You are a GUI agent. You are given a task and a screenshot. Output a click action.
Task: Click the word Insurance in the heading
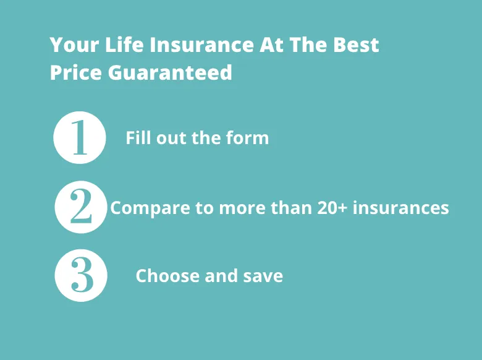[201, 45]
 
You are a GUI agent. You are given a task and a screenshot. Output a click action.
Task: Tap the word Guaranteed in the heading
[170, 72]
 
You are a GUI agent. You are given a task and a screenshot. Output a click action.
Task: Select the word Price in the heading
[75, 72]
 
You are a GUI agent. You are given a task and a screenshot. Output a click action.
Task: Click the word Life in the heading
[124, 45]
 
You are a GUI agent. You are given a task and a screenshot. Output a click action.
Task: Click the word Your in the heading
[74, 45]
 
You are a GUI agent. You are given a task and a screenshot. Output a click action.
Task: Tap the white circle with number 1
[80, 137]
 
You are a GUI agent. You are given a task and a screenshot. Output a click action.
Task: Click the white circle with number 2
[81, 207]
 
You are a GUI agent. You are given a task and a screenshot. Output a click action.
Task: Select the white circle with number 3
[81, 275]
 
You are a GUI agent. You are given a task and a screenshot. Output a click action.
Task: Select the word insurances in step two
[401, 208]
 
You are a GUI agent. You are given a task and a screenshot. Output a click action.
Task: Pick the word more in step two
[242, 208]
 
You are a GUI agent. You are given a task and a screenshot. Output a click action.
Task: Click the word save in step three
[263, 276]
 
